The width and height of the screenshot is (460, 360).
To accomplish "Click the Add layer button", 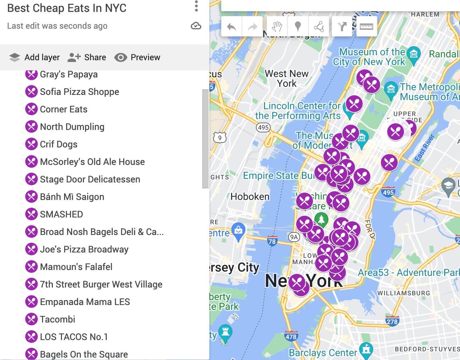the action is [x=34, y=57].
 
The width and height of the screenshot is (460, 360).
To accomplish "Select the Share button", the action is [x=87, y=57].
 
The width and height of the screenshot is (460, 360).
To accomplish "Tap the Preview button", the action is [x=137, y=57].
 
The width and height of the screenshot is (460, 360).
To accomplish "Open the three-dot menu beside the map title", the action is [x=196, y=6].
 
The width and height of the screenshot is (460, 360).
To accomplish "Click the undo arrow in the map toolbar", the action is [x=231, y=27].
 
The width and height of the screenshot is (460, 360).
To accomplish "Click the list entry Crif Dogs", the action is [x=58, y=144].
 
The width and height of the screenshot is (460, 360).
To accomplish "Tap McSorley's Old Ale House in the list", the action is [x=92, y=162].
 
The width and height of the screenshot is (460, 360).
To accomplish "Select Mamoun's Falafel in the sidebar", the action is [x=76, y=267].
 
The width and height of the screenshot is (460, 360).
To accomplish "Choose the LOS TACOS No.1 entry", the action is [x=74, y=337].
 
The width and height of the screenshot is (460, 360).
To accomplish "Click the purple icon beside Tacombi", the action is [x=32, y=319].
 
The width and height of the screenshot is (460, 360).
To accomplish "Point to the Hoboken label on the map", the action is [x=250, y=196].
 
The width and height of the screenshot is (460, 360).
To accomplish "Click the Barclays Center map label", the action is [x=323, y=353].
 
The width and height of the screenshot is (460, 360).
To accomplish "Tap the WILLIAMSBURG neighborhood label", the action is [x=403, y=293].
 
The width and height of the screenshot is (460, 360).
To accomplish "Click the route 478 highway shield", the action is [x=291, y=337].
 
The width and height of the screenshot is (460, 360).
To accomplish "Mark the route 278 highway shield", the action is [x=392, y=321].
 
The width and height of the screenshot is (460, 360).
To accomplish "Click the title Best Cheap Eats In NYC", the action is [x=67, y=8].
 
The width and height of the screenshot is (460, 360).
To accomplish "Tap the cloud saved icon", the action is [x=196, y=26].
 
